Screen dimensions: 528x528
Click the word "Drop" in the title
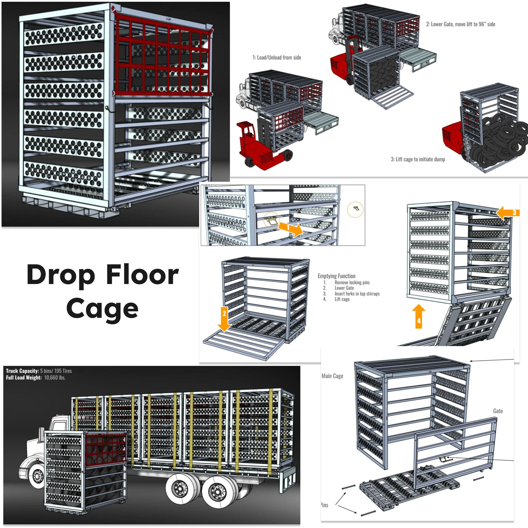tap(61, 275)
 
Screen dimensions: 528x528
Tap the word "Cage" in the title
tap(102, 309)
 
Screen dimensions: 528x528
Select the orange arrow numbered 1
tap(290, 228)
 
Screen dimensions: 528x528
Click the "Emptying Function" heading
tap(336, 276)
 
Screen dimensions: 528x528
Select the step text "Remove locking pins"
tap(352, 282)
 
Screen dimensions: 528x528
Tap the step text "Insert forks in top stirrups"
tap(357, 293)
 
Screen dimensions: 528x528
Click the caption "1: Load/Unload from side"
tap(277, 57)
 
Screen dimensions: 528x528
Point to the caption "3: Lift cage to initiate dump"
tap(418, 159)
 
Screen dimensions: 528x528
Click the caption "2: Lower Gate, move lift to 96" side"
tap(460, 24)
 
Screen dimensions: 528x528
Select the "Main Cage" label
tap(332, 376)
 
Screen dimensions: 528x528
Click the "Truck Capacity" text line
tap(39, 371)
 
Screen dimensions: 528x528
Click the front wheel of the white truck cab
tap(37, 476)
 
